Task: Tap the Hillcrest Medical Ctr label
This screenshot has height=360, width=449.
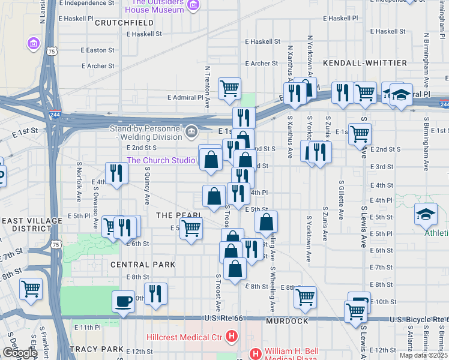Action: coord(187,338)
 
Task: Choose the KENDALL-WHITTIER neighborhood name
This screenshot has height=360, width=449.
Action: coord(364,62)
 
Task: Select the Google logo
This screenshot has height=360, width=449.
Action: coord(19,353)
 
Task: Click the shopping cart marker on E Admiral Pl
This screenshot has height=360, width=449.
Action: coord(229,88)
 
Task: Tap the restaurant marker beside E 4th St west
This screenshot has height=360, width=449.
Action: coord(116,173)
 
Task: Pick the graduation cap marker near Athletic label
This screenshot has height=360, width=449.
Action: coord(425,214)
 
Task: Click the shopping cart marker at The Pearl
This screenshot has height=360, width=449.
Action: coord(191,227)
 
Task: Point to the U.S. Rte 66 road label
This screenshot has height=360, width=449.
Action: coord(226,318)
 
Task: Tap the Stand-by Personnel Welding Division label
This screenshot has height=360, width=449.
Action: coord(146,132)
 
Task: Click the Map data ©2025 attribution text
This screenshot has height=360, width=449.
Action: coord(423,355)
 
